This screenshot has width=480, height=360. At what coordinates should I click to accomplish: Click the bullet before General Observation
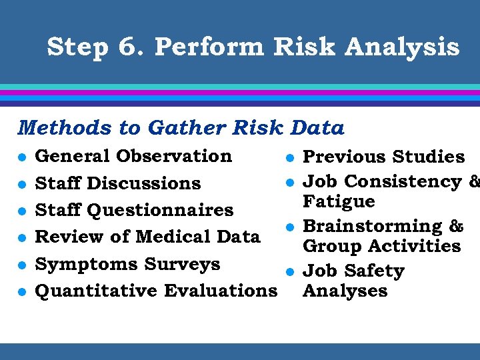pyautogui.click(x=22, y=157)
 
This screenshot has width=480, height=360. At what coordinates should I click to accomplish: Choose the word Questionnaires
pyautogui.click(x=161, y=210)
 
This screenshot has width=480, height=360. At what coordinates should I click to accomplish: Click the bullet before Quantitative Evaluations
pyautogui.click(x=22, y=292)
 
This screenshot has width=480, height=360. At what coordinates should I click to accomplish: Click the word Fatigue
pyautogui.click(x=339, y=201)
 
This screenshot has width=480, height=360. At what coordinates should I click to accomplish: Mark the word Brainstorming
pyautogui.click(x=368, y=227)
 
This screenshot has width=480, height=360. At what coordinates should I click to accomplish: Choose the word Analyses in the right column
pyautogui.click(x=345, y=291)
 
